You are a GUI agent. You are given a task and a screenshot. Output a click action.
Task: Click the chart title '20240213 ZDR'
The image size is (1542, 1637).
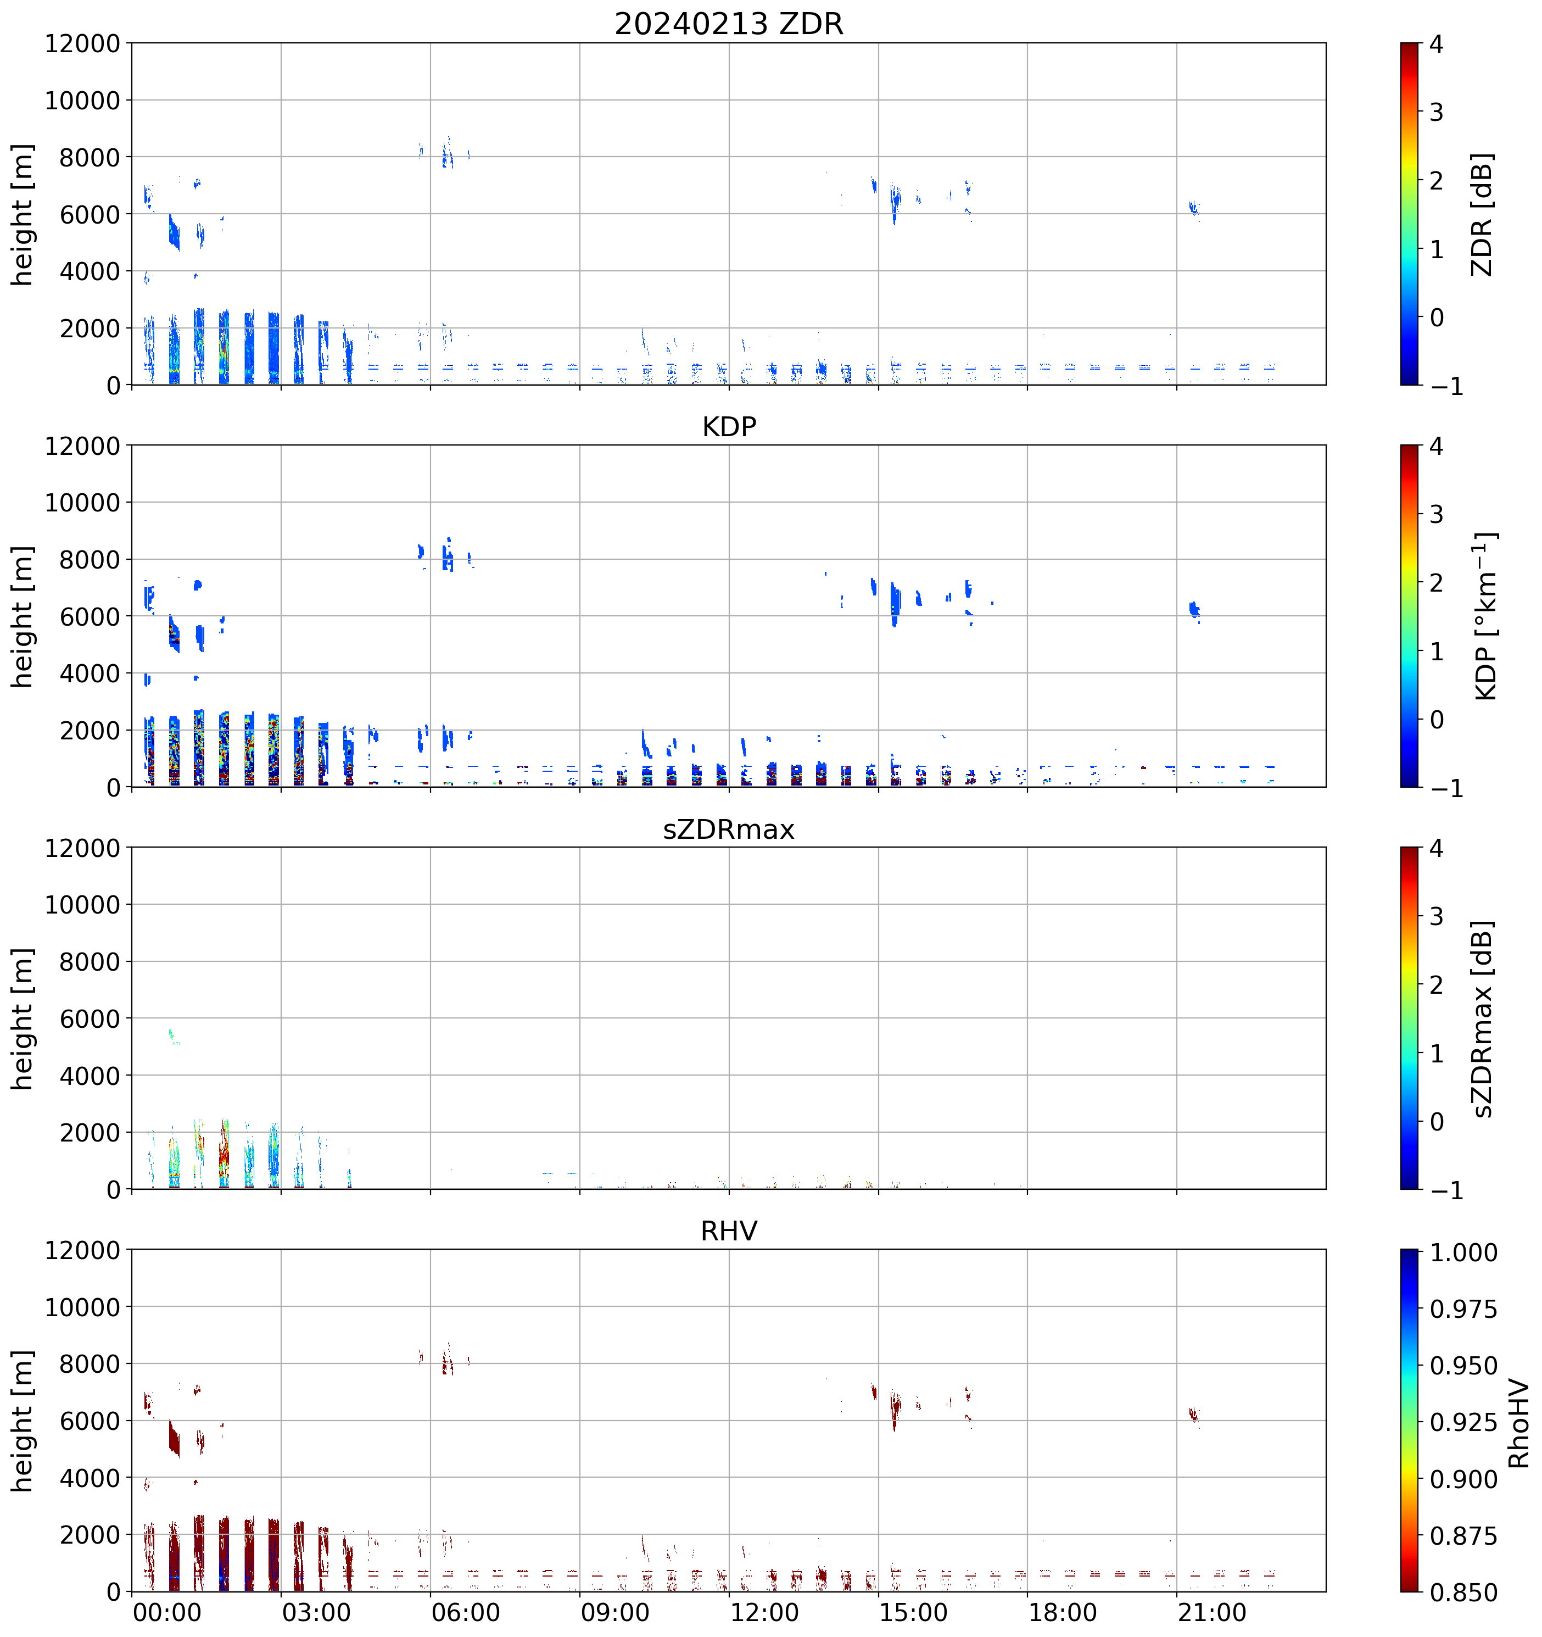tap(729, 24)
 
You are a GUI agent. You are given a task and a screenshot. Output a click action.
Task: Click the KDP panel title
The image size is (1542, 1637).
tap(729, 426)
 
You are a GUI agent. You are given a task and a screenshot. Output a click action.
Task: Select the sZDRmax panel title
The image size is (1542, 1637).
tap(729, 828)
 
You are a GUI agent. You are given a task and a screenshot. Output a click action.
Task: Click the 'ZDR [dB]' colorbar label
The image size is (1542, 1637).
tap(1482, 214)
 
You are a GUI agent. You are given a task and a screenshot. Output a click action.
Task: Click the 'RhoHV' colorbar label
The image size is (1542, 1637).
tap(1518, 1424)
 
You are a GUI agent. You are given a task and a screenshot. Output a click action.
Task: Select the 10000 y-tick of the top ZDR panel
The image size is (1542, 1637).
tap(82, 101)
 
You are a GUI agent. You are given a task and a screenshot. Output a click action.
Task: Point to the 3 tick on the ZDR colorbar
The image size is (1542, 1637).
tap(1436, 112)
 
